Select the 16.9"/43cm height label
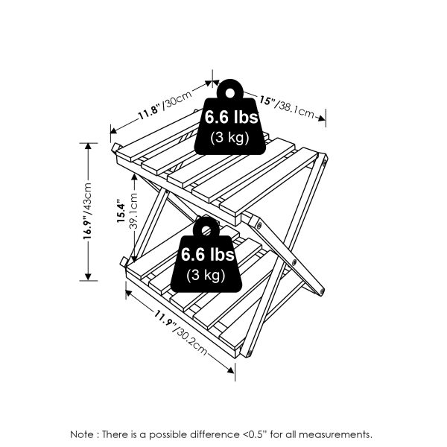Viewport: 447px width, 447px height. pyautogui.click(x=89, y=210)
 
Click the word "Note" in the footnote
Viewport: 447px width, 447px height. pyautogui.click(x=83, y=434)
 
